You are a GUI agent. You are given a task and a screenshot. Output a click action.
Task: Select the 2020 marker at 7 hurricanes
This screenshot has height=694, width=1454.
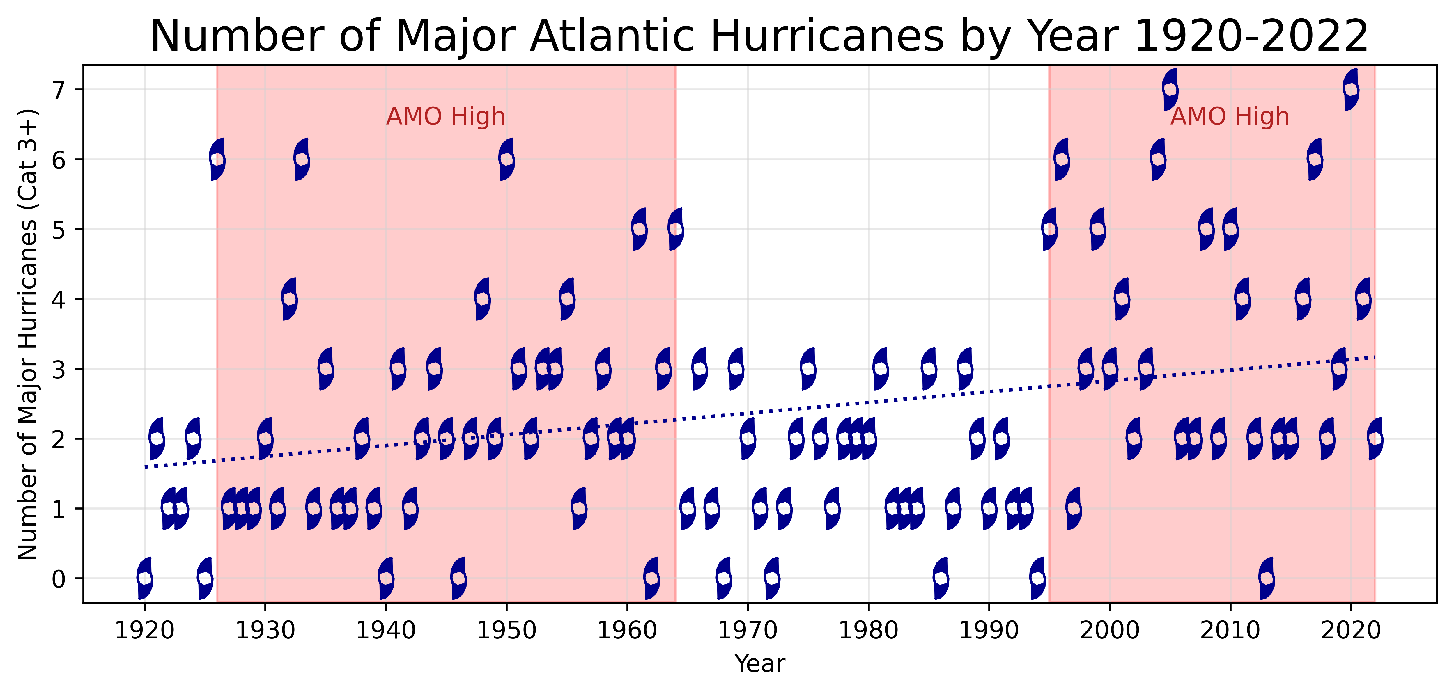[x=1351, y=90]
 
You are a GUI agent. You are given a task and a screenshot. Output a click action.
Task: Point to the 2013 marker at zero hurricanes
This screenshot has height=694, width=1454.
[x=1267, y=578]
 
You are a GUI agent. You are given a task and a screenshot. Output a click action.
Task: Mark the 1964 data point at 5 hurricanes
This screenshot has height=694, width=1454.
[x=675, y=229]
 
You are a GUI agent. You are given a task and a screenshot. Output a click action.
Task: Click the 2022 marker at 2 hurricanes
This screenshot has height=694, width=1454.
[x=1375, y=439]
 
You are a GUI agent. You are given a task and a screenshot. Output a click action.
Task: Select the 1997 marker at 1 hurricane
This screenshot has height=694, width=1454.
[x=1074, y=508]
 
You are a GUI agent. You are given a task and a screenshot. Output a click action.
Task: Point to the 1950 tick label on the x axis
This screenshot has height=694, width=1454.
[x=506, y=630]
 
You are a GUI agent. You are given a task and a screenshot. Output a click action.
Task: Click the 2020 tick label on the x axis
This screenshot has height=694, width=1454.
[x=1351, y=630]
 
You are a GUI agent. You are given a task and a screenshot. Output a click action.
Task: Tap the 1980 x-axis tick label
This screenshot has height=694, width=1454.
[x=868, y=630]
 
